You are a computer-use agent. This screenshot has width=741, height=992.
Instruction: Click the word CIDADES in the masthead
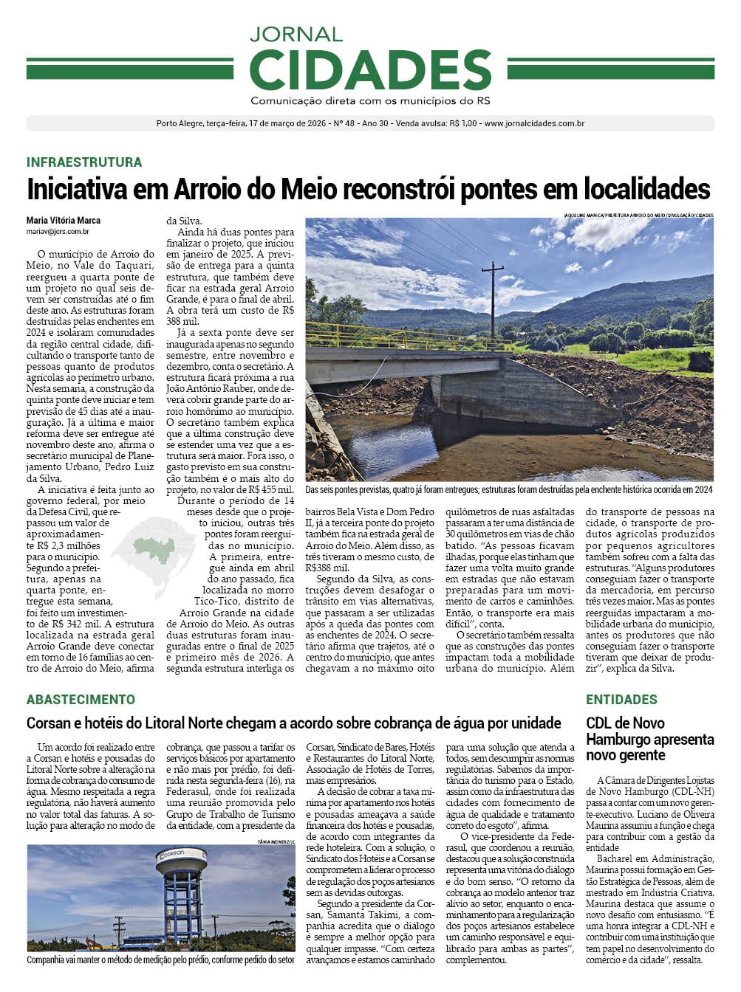click(370, 70)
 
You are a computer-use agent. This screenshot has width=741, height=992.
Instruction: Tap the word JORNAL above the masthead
click(296, 34)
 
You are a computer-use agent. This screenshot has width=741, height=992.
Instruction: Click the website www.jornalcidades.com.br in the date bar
click(534, 123)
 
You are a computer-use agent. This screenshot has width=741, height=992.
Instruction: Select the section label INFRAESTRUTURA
click(84, 162)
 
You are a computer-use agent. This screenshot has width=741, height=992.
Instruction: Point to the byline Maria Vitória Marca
click(64, 220)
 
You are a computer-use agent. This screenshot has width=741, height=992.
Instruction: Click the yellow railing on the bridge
click(384, 337)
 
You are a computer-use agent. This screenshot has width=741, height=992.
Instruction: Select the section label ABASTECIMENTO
click(81, 699)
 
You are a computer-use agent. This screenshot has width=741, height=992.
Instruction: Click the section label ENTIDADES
click(621, 699)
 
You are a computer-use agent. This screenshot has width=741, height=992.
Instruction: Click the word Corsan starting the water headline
click(49, 723)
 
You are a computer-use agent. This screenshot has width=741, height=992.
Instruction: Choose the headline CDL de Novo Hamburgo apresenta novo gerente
click(649, 739)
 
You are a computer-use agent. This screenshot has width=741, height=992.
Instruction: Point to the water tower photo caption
click(160, 960)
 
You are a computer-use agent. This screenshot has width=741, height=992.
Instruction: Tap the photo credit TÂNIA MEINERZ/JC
click(276, 841)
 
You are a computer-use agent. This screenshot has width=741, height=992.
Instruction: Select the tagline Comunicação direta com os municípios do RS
click(370, 100)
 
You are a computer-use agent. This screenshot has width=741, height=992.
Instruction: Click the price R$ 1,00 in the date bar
click(462, 123)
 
